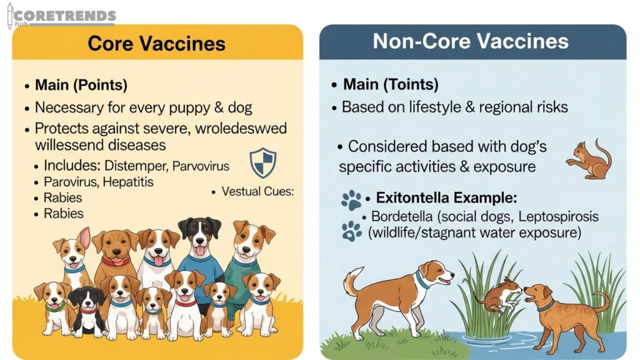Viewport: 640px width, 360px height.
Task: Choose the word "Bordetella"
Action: click(401, 217)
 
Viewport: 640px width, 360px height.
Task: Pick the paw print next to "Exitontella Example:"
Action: click(352, 200)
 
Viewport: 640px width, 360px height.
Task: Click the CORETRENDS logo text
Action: click(66, 16)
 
